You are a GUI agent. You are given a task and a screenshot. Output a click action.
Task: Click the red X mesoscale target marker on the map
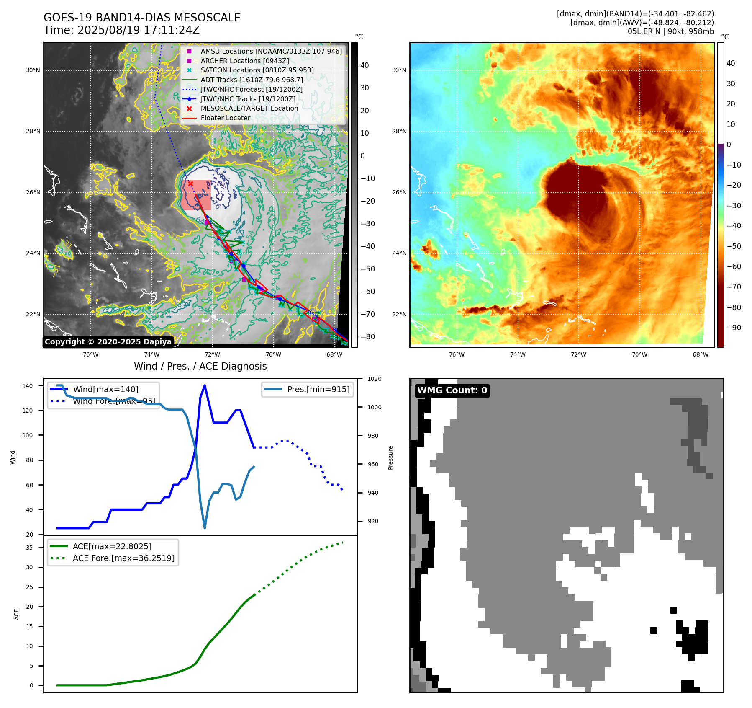point(190,183)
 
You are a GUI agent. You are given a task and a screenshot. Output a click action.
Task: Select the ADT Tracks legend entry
point(252,80)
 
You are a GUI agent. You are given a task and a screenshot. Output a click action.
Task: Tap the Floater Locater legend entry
point(225,118)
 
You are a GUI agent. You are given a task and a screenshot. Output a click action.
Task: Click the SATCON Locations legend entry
point(257,70)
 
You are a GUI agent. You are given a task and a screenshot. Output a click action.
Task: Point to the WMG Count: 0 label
point(452,390)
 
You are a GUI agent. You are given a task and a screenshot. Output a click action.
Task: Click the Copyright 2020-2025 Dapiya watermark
point(108,342)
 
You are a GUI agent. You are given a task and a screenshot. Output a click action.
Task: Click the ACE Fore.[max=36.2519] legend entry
point(123,558)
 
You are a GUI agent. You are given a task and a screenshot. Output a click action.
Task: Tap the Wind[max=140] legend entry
point(105,389)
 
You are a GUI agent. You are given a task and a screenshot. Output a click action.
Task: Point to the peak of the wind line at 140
point(205,385)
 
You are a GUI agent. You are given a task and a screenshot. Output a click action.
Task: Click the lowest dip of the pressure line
point(205,528)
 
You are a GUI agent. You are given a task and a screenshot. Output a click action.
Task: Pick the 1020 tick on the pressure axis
point(374,379)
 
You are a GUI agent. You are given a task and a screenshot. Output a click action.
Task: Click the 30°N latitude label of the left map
point(33,70)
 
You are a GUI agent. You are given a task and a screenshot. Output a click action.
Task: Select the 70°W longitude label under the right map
point(639,354)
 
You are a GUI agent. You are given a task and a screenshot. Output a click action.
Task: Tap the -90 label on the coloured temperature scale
point(734,328)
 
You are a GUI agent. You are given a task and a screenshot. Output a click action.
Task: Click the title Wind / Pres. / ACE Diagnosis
point(200,366)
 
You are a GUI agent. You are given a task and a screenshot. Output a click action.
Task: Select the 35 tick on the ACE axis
point(30,548)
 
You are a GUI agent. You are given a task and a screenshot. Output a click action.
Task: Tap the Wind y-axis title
point(13,457)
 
